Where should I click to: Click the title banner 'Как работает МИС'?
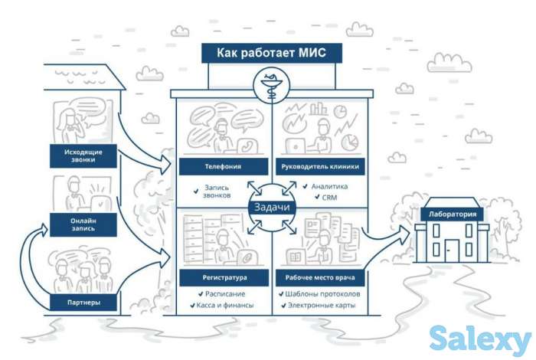(x=272, y=54)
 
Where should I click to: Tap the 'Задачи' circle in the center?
(x=267, y=207)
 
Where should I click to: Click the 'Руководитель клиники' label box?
(x=320, y=165)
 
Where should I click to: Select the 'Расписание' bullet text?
(x=224, y=293)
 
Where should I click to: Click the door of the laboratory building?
(x=452, y=248)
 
